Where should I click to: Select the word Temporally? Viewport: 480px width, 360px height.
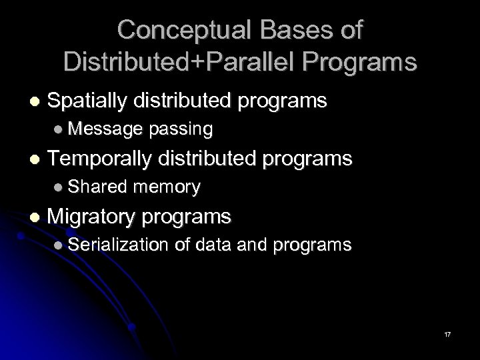click(101, 159)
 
